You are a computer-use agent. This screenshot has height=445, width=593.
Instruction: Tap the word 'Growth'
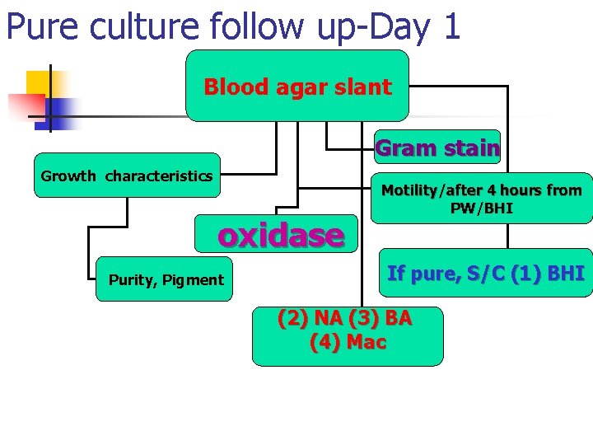pos(69,176)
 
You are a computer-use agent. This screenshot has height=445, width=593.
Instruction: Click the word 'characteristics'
pos(158,176)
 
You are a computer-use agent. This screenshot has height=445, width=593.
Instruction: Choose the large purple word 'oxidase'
pos(280,236)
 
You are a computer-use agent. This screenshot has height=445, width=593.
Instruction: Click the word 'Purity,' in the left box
pos(133,280)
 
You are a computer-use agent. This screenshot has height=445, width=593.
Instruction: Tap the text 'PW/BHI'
pos(481,208)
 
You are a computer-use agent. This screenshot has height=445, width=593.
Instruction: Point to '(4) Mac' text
pos(348,341)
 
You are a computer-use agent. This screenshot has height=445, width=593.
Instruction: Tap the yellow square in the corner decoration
pos(39,82)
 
